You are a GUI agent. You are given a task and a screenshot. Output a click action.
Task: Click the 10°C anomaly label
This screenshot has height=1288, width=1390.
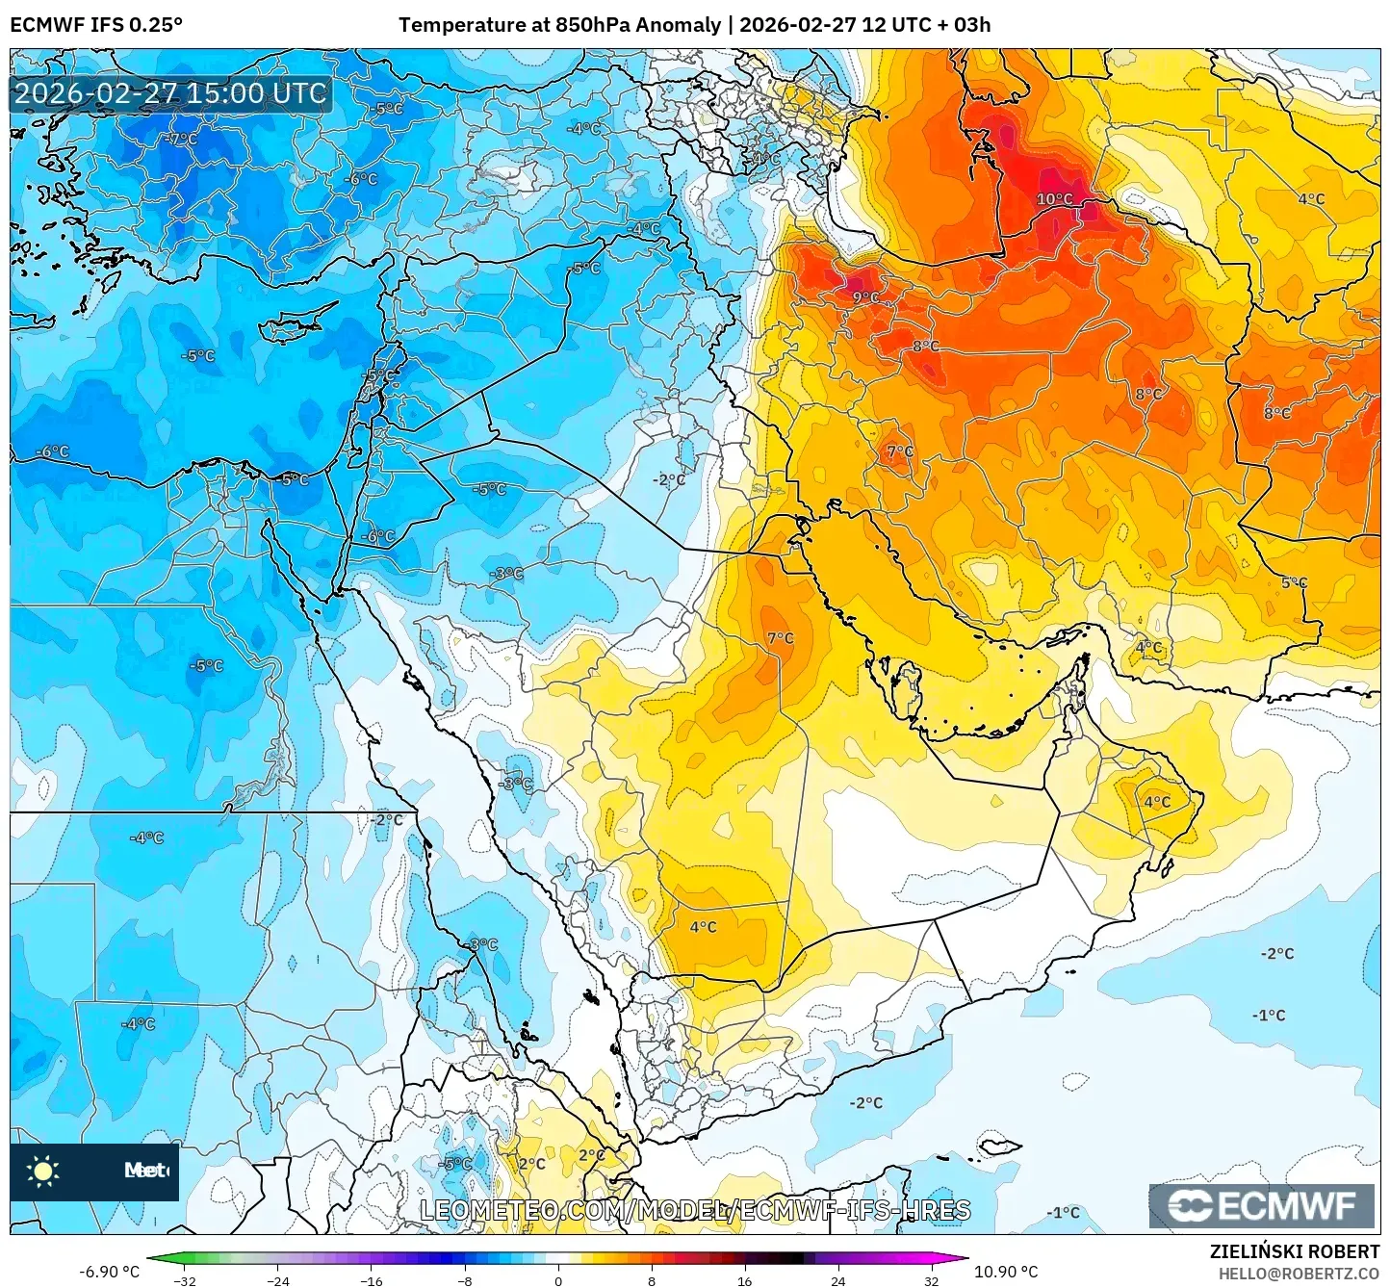tap(1054, 199)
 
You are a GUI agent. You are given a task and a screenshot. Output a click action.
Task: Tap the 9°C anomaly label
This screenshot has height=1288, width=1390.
tap(865, 297)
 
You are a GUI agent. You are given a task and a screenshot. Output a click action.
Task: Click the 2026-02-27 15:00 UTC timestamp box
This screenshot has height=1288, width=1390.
tap(170, 93)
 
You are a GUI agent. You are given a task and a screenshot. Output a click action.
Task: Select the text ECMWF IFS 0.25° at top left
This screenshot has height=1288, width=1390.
tap(96, 25)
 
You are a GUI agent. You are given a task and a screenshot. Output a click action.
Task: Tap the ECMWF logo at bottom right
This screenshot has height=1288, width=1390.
tap(1261, 1206)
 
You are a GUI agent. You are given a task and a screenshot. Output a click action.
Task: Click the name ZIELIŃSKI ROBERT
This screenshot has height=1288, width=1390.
tap(1294, 1251)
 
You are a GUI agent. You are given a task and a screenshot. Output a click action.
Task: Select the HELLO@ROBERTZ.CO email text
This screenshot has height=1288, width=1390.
tap(1299, 1273)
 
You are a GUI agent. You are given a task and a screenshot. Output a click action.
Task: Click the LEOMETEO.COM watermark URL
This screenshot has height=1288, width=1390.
tap(695, 1210)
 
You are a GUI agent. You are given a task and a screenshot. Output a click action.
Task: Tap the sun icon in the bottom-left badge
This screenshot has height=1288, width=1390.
tap(43, 1171)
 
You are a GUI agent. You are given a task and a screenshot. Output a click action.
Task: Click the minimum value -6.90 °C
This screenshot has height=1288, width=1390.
tap(109, 1272)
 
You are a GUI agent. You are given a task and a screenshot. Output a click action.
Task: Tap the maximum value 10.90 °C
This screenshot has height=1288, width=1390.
tap(1006, 1272)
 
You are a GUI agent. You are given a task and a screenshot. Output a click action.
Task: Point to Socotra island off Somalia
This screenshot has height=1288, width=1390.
tap(1001, 1146)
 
